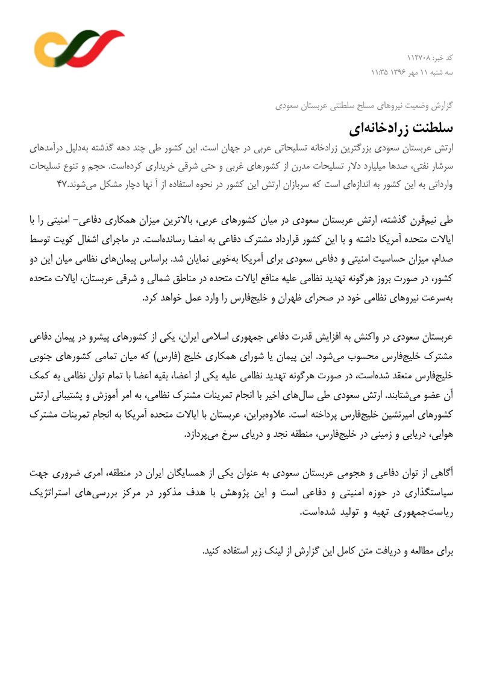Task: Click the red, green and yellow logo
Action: click(x=78, y=48)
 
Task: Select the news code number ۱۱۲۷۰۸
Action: click(x=419, y=58)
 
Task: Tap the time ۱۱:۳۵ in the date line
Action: click(x=381, y=72)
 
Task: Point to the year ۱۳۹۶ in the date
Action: click(x=402, y=72)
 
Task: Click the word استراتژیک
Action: click(x=53, y=492)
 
